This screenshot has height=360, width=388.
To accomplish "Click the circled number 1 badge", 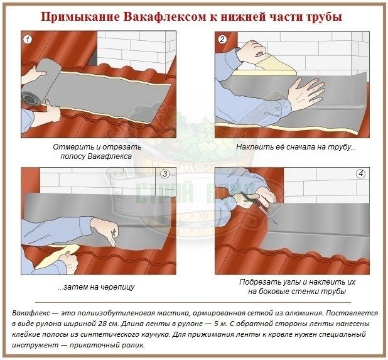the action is [28, 40].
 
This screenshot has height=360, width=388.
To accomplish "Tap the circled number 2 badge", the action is [222, 40].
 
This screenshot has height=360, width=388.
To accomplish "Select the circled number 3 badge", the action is [164, 174].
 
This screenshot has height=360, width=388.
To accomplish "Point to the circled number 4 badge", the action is [360, 174].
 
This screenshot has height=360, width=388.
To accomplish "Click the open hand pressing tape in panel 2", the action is [308, 94].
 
